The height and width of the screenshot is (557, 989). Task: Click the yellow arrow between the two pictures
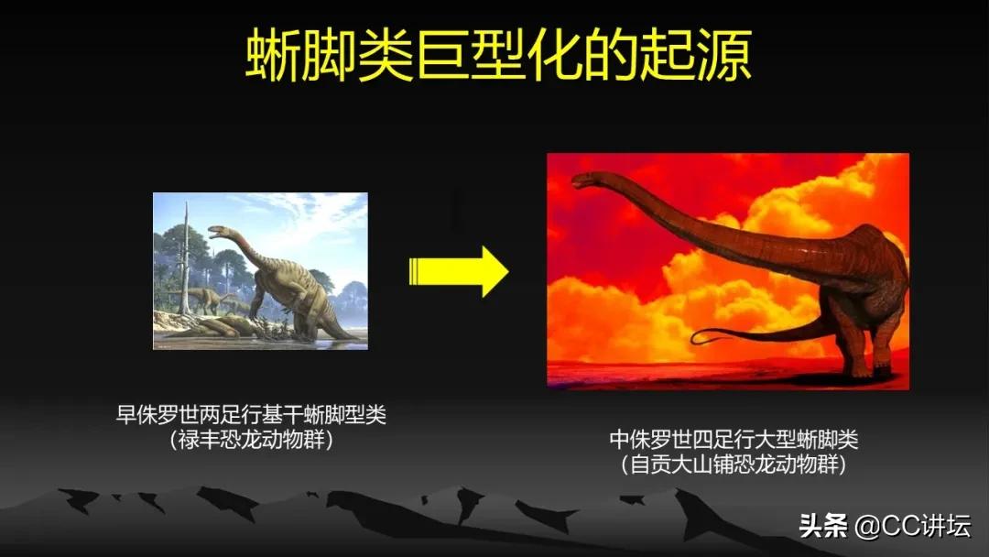click(458, 271)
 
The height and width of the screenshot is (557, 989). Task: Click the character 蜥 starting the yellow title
click(270, 57)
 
